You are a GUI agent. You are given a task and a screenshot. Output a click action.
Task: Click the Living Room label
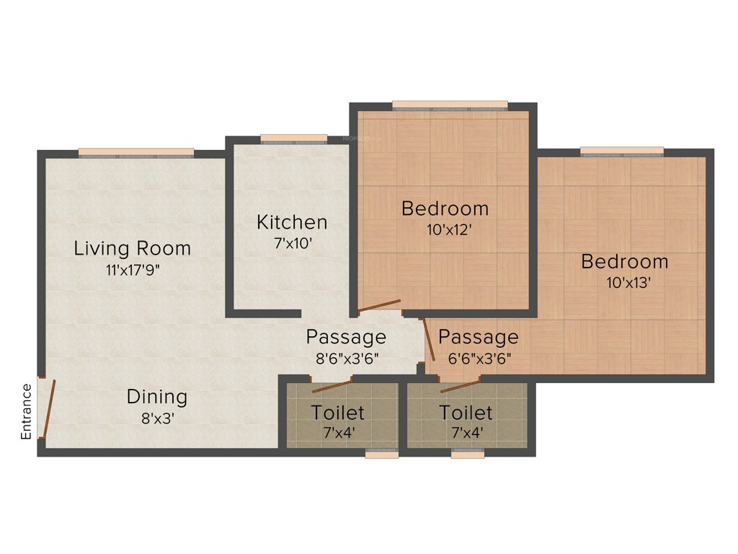(133, 249)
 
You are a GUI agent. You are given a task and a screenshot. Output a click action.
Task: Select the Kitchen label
(291, 222)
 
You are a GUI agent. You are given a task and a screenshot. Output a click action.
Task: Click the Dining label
(156, 397)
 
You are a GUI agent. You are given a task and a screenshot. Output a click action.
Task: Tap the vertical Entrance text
(27, 412)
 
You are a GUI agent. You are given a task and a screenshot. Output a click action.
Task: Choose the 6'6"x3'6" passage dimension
(479, 357)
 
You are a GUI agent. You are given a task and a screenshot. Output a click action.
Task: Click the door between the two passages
(428, 340)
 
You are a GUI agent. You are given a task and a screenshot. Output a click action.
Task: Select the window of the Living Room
(135, 152)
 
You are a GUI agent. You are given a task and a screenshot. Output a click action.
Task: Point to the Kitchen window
(293, 138)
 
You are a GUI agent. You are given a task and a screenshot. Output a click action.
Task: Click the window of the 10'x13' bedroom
(621, 151)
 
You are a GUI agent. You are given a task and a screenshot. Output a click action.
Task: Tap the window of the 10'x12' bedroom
(449, 105)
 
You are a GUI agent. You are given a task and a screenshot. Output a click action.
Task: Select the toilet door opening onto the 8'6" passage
(332, 384)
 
